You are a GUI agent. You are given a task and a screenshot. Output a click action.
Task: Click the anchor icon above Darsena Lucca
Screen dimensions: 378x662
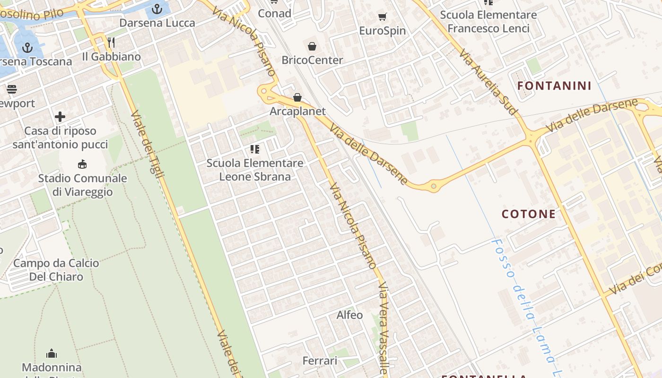pyautogui.click(x=157, y=9)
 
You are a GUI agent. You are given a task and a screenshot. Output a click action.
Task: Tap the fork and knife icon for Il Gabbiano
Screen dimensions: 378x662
pyautogui.click(x=111, y=43)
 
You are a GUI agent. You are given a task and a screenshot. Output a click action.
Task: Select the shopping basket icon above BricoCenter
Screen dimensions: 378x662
pyautogui.click(x=312, y=46)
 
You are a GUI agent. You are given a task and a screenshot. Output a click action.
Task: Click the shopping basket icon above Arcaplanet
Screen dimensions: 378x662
pyautogui.click(x=297, y=97)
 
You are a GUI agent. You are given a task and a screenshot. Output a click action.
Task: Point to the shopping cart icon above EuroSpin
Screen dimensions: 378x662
pyautogui.click(x=383, y=17)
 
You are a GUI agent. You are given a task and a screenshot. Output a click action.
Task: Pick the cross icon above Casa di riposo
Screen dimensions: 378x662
pyautogui.click(x=60, y=117)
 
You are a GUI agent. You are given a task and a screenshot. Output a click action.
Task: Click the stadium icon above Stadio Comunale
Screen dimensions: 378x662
pyautogui.click(x=82, y=164)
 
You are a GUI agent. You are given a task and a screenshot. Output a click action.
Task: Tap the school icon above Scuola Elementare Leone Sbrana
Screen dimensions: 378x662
pyautogui.click(x=255, y=150)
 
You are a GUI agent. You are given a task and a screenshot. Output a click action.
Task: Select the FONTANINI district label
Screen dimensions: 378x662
pyautogui.click(x=554, y=86)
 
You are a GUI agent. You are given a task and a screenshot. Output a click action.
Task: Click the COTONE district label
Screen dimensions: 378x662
pyautogui.click(x=529, y=214)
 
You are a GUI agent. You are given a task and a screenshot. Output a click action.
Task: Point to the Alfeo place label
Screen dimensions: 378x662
pyautogui.click(x=349, y=315)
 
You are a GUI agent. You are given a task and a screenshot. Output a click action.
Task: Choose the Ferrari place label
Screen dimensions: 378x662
pyautogui.click(x=320, y=361)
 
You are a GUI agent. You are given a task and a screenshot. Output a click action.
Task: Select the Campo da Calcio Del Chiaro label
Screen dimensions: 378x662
pyautogui.click(x=56, y=270)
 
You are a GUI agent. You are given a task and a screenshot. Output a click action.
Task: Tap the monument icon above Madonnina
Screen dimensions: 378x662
pyautogui.click(x=52, y=353)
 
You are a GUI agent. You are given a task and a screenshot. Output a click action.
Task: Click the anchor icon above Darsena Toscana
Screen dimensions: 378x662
pyautogui.click(x=27, y=47)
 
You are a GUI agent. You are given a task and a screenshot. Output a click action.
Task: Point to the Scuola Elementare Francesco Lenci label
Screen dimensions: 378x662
pyautogui.click(x=488, y=22)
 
